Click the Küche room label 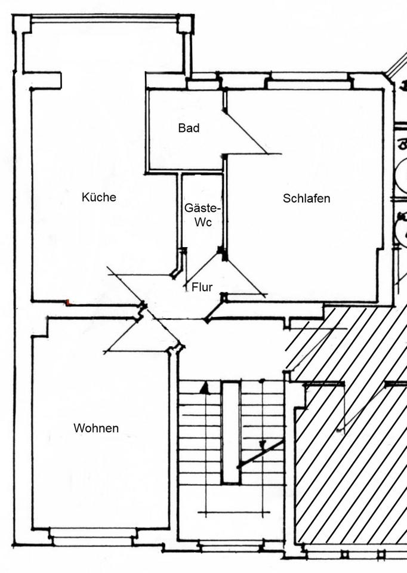coord(99,198)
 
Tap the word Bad coord(189,128)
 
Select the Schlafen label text coord(306,199)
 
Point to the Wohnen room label coord(96,429)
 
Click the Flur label coord(202,287)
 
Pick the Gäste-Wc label coord(202,214)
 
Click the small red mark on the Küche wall coord(69,303)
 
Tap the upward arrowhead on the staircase coord(205,389)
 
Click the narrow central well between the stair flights coord(230,433)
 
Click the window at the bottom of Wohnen coord(91,540)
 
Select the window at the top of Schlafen coord(307,84)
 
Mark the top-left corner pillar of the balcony coord(22,24)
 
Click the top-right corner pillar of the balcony coord(184,24)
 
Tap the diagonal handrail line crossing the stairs coord(261,454)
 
